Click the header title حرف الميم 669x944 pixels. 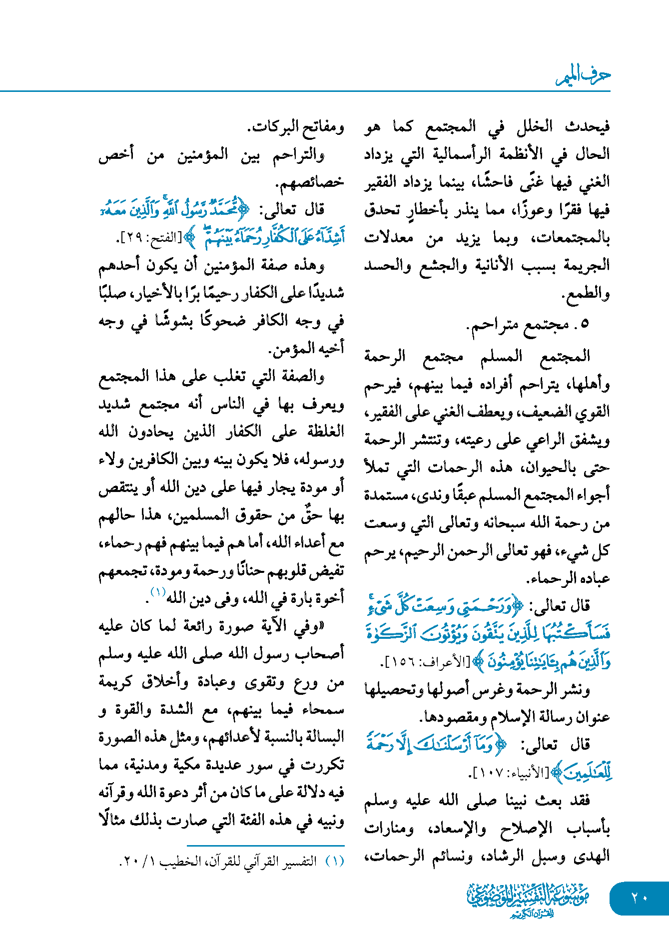(583, 76)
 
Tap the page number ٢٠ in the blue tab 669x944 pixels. (640, 898)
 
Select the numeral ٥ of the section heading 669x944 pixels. (585, 324)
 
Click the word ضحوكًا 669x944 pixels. (223, 321)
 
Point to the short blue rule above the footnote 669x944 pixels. (265, 846)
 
